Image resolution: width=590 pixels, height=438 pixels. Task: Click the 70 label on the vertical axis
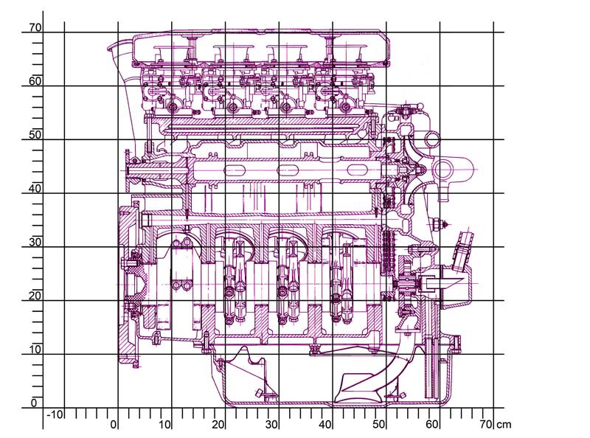click(35, 27)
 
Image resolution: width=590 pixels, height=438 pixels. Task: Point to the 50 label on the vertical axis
click(35, 135)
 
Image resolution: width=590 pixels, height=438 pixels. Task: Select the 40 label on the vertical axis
click(35, 189)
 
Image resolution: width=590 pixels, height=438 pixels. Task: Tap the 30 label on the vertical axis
click(35, 242)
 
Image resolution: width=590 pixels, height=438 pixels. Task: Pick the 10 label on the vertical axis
click(35, 350)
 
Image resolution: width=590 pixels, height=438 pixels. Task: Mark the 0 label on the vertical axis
click(34, 403)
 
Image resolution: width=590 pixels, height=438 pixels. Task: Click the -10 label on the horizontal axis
click(55, 414)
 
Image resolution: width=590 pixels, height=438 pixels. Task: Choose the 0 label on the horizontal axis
click(114, 425)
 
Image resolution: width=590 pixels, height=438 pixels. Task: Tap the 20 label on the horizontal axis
click(218, 425)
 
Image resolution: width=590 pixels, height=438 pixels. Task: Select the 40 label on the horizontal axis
click(325, 425)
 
